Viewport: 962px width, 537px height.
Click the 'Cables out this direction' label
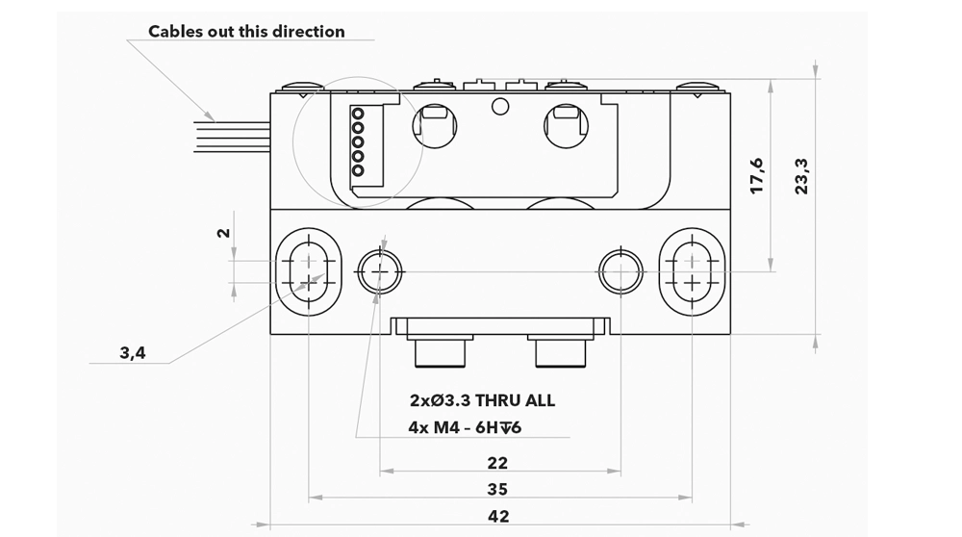[x=246, y=32]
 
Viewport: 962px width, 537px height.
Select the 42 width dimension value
[x=498, y=516]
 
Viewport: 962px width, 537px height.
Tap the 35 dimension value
[x=497, y=489]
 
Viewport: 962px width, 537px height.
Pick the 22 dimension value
[x=497, y=463]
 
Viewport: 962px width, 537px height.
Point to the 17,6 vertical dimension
[x=757, y=176]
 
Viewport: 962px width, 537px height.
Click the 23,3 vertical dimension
[x=801, y=176]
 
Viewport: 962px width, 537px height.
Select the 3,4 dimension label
[x=133, y=353]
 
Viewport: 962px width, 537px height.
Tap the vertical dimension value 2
[x=224, y=233]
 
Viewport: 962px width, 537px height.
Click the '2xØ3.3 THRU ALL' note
[x=482, y=400]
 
